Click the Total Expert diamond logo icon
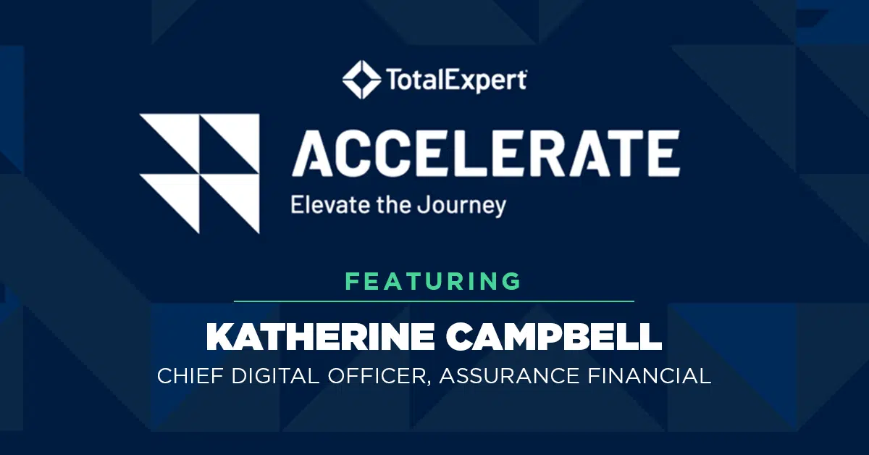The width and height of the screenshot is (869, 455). [361, 80]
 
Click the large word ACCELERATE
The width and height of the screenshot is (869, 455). [486, 154]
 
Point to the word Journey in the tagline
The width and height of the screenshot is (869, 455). [462, 206]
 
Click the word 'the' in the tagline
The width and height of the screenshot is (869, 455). [393, 204]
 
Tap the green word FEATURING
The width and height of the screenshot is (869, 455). [433, 281]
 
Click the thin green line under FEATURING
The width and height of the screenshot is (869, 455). [434, 301]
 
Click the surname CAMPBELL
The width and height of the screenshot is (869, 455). [554, 337]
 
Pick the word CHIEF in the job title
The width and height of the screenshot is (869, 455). [190, 376]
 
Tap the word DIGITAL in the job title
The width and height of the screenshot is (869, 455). [275, 376]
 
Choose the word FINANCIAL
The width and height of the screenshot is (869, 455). [650, 376]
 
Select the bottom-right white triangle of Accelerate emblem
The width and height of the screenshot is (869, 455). [240, 194]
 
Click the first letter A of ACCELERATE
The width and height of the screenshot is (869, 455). [314, 154]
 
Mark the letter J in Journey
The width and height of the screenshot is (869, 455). [423, 205]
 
